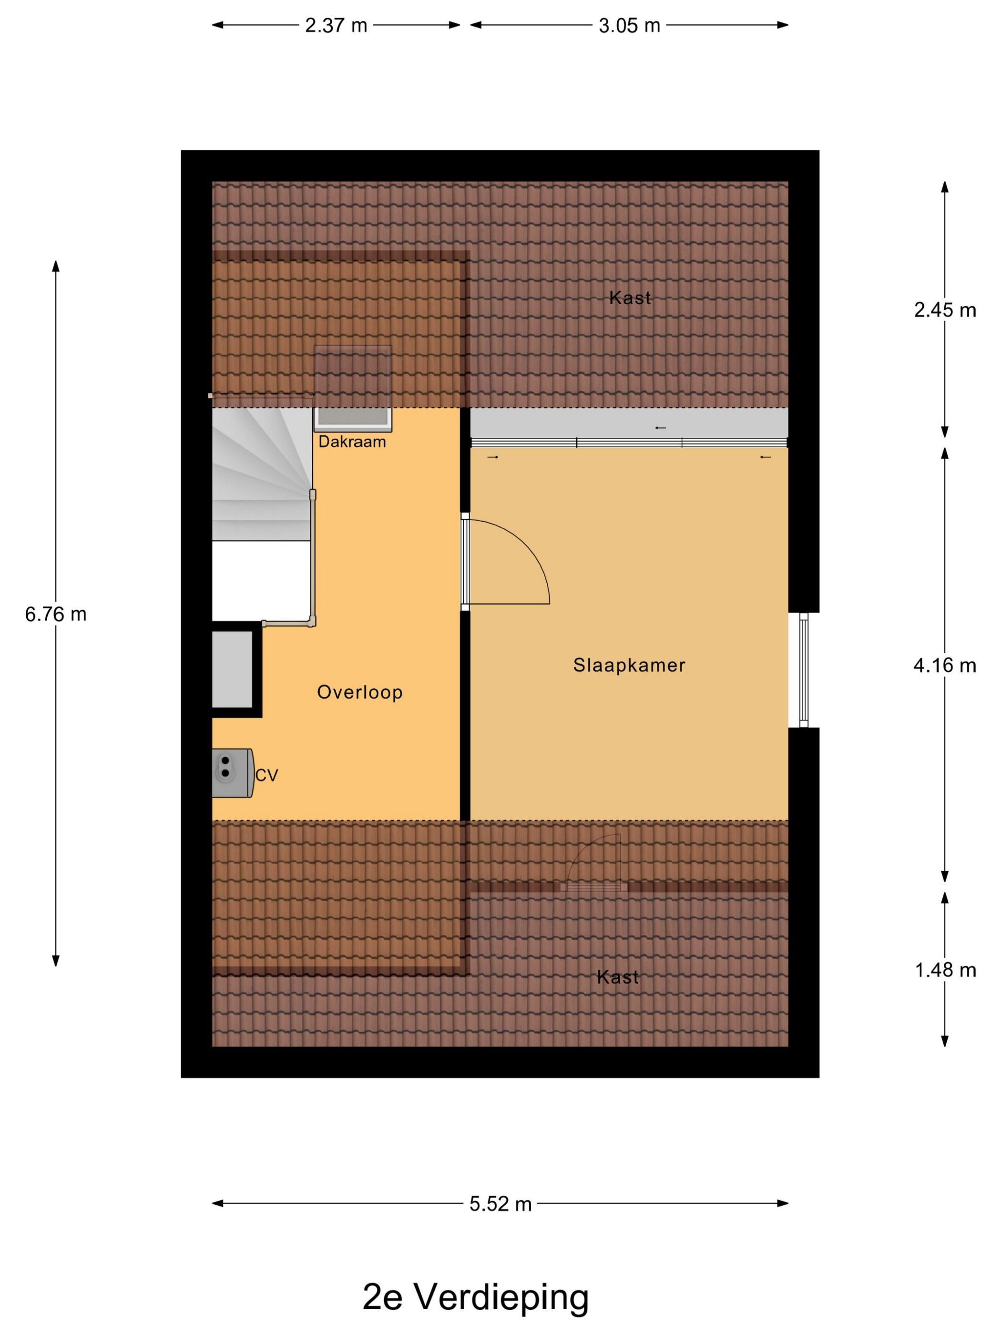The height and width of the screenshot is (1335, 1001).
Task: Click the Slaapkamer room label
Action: (629, 665)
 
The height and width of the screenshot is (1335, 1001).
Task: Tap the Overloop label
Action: (359, 692)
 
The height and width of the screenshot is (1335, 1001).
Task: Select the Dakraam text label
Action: (352, 442)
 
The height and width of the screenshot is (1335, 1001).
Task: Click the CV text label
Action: (266, 775)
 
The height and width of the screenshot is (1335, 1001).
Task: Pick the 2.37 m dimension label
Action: (336, 25)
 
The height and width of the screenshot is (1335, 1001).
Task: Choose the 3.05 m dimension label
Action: (629, 25)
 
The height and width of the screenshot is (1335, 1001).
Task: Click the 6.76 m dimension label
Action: (55, 614)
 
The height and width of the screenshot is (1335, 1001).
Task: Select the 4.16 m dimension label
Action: (945, 665)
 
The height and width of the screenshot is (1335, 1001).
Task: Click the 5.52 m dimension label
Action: (501, 1204)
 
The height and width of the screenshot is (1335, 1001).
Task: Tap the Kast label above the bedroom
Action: (630, 298)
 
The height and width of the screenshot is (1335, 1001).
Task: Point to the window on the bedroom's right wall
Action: (803, 670)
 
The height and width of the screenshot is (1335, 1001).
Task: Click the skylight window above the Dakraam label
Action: (353, 389)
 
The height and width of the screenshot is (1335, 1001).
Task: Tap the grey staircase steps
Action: (262, 474)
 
